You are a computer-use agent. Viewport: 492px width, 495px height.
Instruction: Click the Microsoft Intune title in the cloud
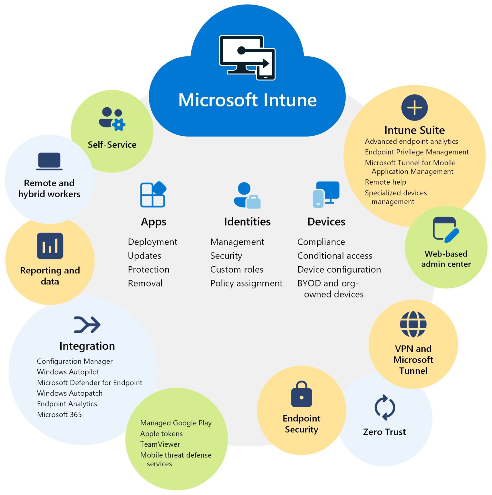[247, 100]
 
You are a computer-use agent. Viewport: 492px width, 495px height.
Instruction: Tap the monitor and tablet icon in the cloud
[247, 58]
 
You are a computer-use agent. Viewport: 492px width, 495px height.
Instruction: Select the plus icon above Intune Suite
[414, 108]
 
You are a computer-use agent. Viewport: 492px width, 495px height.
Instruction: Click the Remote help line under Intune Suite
[385, 182]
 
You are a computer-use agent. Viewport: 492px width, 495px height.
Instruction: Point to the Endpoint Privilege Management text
[417, 152]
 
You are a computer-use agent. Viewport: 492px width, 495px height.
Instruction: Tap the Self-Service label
[112, 145]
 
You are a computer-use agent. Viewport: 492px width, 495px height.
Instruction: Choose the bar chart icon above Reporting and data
[50, 246]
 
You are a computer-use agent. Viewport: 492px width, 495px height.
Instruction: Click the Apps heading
[154, 222]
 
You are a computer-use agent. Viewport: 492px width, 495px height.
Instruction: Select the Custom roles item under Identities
[237, 269]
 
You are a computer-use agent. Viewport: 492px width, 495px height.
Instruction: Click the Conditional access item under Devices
[335, 256]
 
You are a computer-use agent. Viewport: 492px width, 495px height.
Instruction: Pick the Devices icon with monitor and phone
[326, 194]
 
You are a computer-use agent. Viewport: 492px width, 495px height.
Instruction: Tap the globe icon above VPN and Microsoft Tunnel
[413, 324]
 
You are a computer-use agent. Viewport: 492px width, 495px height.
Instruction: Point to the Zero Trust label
[384, 432]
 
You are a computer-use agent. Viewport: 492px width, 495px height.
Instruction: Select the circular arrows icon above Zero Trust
[385, 407]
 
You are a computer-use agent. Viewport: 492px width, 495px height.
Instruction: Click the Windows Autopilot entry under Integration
[68, 372]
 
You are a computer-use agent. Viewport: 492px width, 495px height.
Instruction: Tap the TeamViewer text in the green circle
[160, 444]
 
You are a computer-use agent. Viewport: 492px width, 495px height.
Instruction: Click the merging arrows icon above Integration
[87, 325]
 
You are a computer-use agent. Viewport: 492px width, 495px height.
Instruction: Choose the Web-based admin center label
[446, 259]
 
